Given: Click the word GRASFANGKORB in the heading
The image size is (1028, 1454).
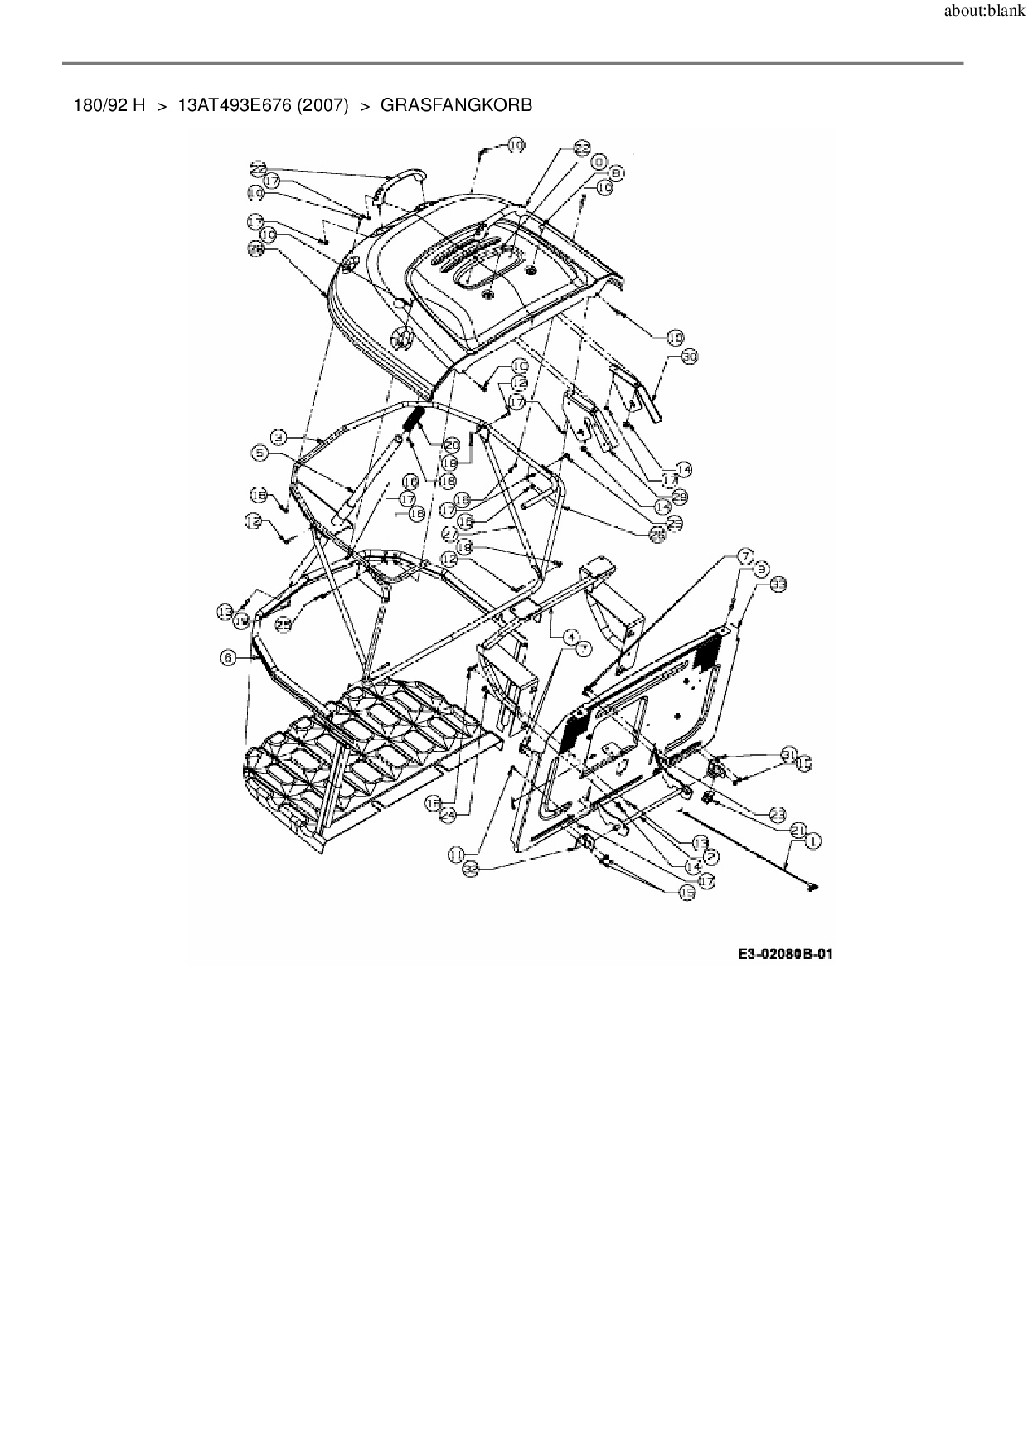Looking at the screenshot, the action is pos(456,105).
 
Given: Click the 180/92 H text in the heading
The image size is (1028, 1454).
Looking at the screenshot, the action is pos(109,105).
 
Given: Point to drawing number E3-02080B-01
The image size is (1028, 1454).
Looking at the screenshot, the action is pos(785,954).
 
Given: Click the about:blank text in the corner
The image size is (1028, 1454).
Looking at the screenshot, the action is pos(984,15).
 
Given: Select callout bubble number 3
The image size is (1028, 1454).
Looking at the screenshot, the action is pos(280,436).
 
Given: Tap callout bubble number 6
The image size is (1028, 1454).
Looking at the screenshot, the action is pos(228,657).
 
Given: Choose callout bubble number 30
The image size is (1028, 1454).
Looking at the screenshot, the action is pos(690,356).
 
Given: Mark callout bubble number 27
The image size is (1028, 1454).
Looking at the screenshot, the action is pos(450,533).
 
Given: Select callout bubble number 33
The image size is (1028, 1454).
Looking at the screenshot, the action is pos(777,584).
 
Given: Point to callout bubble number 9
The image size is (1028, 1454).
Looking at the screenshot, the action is pos(760,569).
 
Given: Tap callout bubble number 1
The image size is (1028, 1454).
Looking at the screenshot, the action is pos(811,841).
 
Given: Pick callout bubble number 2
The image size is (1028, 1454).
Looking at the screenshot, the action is pos(710,856).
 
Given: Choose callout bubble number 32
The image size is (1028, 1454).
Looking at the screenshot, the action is pos(472,868).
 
